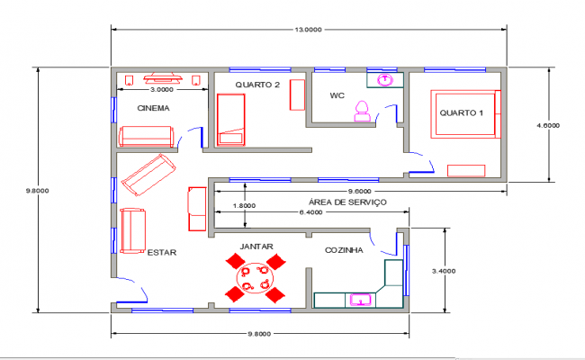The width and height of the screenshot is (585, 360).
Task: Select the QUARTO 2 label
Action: pyautogui.click(x=258, y=85)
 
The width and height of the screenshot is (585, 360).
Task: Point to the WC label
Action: pyautogui.click(x=337, y=95)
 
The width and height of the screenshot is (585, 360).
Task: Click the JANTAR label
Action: pyautogui.click(x=256, y=246)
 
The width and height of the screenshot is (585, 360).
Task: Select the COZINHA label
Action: pyautogui.click(x=344, y=250)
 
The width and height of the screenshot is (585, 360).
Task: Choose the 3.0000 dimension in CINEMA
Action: pyautogui.click(x=162, y=90)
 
